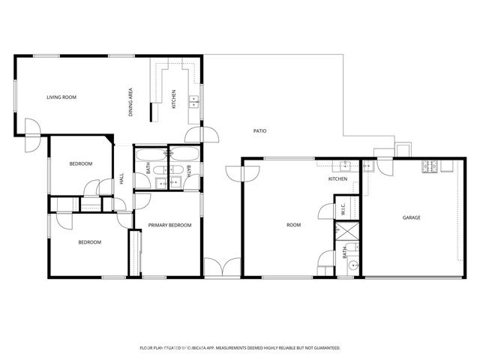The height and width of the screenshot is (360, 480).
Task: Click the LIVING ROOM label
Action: point(61,97)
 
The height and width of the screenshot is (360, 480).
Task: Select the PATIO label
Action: point(259,131)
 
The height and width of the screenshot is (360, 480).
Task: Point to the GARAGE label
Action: point(411,217)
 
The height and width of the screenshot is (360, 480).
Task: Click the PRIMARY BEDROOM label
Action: point(169,225)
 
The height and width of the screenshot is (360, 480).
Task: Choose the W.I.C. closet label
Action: point(343,211)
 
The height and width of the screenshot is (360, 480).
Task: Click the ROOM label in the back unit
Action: point(294,224)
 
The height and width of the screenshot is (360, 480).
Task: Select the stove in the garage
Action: point(430,166)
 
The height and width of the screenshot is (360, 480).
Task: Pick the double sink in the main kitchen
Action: point(193,100)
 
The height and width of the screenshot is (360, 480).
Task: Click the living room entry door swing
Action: point(31,129)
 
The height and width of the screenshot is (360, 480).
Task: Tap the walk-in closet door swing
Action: point(324,210)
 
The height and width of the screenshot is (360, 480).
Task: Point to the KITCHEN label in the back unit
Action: point(337,179)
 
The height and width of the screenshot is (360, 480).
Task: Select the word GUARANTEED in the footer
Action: point(323,348)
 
